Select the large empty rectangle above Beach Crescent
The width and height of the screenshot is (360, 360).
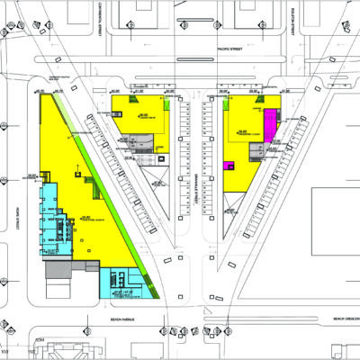coord(334,243)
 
